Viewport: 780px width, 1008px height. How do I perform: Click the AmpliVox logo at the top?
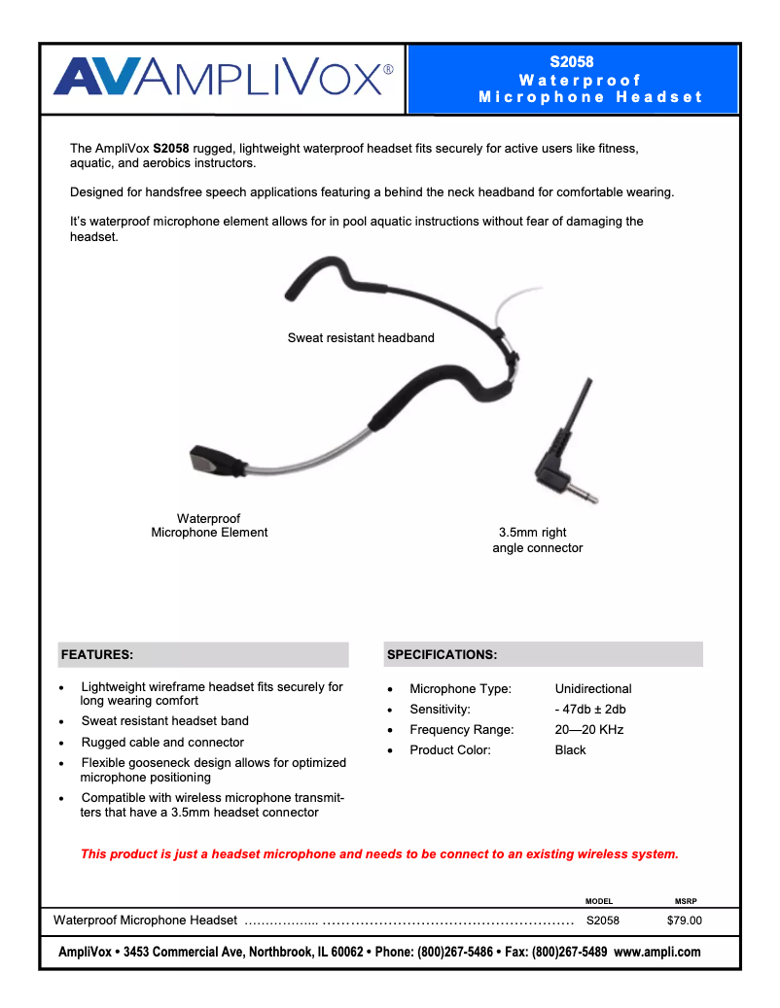pos(224,77)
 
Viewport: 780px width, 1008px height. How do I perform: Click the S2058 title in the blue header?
pos(572,62)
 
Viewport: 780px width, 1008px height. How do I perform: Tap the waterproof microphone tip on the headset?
pos(215,460)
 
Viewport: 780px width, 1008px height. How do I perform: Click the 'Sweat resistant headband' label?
pos(361,338)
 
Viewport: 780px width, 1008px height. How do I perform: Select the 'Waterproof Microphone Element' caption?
pos(209,526)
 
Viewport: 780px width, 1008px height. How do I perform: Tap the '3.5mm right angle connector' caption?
pos(537,540)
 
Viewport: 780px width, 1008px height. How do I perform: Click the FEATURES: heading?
pos(97,655)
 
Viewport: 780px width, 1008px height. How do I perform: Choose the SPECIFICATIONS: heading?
pos(443,655)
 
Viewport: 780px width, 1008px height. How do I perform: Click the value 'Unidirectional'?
pos(593,689)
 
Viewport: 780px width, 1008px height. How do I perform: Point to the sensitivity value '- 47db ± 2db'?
pos(590,710)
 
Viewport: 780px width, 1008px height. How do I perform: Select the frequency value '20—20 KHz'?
pos(589,730)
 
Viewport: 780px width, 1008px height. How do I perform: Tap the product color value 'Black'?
pos(571,750)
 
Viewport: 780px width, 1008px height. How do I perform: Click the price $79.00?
pos(684,921)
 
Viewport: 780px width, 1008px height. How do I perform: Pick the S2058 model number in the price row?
pos(603,921)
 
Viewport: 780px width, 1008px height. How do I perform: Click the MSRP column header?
pos(686,901)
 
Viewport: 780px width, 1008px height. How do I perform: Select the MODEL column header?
pos(599,901)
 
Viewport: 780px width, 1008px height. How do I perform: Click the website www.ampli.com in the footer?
pos(657,953)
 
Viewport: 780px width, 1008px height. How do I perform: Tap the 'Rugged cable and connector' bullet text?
pos(162,742)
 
